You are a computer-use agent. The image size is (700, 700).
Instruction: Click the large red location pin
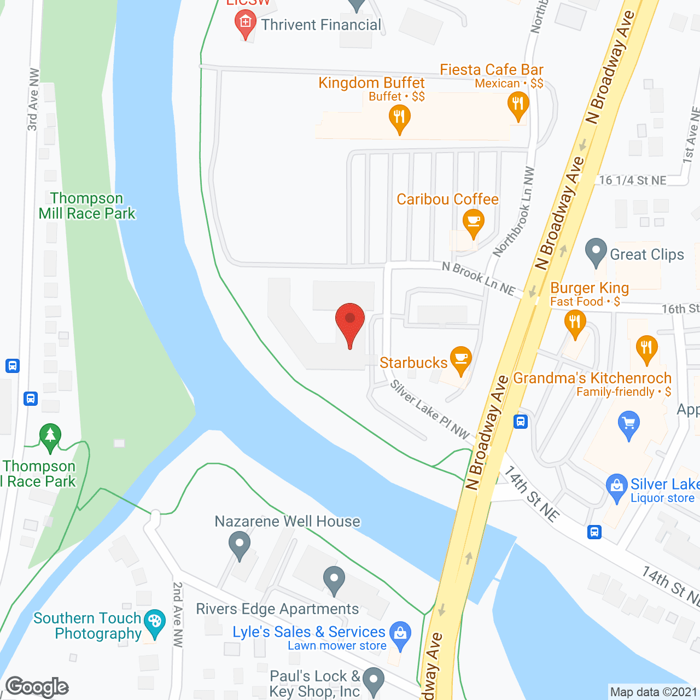tap(349, 323)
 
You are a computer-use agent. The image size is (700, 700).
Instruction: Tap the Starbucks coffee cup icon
tap(461, 360)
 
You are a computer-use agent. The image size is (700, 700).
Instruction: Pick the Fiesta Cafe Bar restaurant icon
tap(518, 104)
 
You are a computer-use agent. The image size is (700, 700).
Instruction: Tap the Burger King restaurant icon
tap(574, 323)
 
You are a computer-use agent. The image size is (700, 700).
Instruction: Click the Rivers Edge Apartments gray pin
tap(334, 580)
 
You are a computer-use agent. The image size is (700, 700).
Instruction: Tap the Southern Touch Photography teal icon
tap(155, 623)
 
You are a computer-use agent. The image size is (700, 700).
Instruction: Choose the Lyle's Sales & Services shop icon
tap(400, 635)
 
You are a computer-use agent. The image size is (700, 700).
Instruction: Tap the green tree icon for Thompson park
tap(50, 437)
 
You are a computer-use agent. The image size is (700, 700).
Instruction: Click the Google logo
tap(37, 686)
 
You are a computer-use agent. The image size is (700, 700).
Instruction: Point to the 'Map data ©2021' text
tap(654, 692)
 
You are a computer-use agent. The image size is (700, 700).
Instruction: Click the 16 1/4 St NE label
tap(633, 180)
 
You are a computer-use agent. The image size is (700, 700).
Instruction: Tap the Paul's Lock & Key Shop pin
tap(374, 681)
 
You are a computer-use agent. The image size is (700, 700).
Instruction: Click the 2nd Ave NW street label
tap(178, 614)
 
